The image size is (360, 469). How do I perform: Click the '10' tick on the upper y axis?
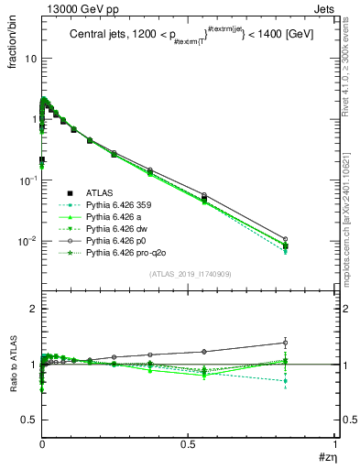pyautogui.click(x=30, y=58)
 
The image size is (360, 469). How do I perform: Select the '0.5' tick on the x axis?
pyautogui.click(x=189, y=443)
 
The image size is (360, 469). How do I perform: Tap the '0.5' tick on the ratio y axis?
pyautogui.click(x=27, y=420)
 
